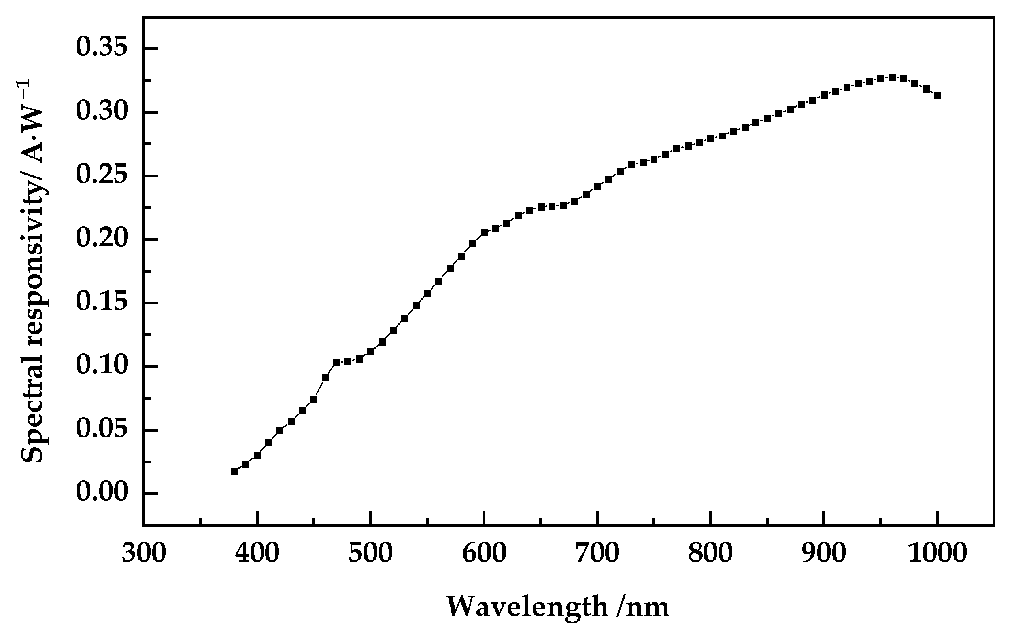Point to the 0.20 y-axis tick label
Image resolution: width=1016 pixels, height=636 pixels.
(101, 239)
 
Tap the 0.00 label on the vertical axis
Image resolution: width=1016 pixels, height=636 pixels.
(101, 493)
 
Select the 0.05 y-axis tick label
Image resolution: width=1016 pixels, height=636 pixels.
(101, 430)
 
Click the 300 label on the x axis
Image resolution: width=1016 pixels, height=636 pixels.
(144, 554)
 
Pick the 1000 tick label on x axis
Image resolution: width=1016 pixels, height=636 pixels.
(937, 554)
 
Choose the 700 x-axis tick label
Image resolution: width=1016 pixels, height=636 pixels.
(597, 554)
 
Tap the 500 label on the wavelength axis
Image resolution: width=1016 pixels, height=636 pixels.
(370, 554)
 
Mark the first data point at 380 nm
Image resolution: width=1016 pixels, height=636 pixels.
(234, 471)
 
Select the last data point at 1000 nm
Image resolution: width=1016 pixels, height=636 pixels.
(937, 95)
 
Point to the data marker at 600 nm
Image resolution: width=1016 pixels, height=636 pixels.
(484, 233)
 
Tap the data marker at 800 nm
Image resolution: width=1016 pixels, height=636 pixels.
(710, 139)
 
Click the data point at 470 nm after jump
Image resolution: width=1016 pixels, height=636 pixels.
(336, 363)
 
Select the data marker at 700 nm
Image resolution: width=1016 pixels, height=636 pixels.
(597, 186)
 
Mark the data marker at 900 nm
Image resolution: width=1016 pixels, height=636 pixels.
(824, 95)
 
